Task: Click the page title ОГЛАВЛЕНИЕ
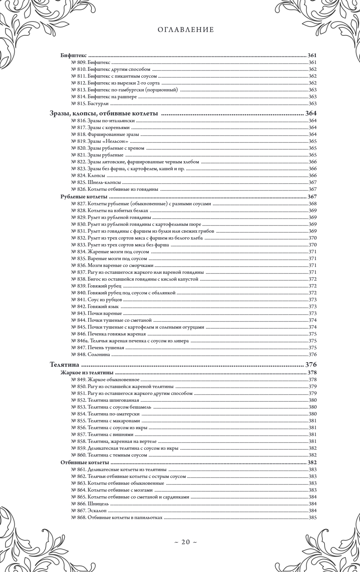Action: pyautogui.click(x=185, y=30)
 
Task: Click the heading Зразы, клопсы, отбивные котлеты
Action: pyautogui.click(x=104, y=113)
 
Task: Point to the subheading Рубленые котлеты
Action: pyautogui.click(x=84, y=197)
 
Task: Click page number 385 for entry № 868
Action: pyautogui.click(x=313, y=518)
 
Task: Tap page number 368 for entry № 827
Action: pyautogui.click(x=313, y=204)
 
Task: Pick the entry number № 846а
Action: pyautogui.click(x=79, y=341)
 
